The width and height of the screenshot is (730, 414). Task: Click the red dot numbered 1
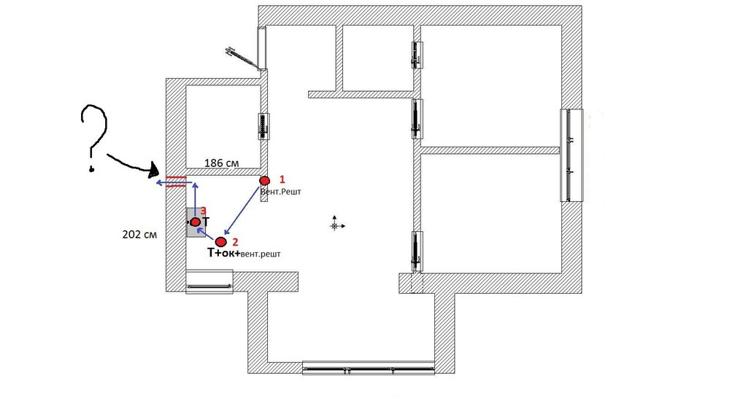pos(264,180)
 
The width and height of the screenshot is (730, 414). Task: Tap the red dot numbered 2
pos(220,241)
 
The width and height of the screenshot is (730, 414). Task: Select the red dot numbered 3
pos(196,222)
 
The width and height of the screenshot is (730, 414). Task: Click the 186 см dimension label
pos(222,163)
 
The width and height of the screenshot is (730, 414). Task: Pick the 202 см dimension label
pos(139,235)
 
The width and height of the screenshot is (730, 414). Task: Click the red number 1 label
pos(282,179)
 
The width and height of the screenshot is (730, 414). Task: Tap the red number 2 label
pos(235,242)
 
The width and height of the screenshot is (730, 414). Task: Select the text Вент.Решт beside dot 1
pos(281,192)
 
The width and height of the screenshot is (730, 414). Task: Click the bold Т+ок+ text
pos(223,253)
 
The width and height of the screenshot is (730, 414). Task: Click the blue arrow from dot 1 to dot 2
pos(242,210)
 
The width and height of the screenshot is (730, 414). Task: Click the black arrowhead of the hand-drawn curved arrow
pos(153,170)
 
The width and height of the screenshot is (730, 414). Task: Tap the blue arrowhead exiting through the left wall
pos(158,183)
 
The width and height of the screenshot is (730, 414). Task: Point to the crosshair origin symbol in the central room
pos(334,226)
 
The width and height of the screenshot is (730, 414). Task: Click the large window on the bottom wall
pos(368,367)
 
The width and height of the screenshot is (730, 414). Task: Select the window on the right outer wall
pos(572,155)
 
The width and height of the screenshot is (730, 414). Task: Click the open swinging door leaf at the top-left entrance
pos(242,57)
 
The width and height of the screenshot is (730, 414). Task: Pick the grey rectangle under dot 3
pos(196,222)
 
